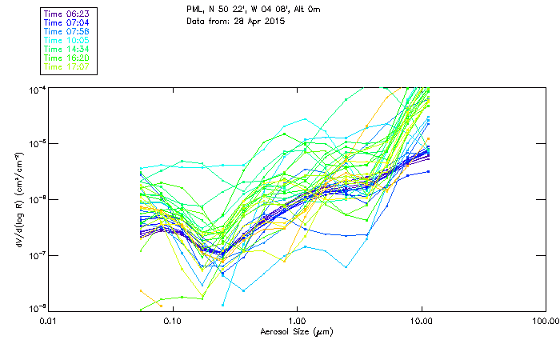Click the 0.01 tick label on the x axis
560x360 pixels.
point(49,322)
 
